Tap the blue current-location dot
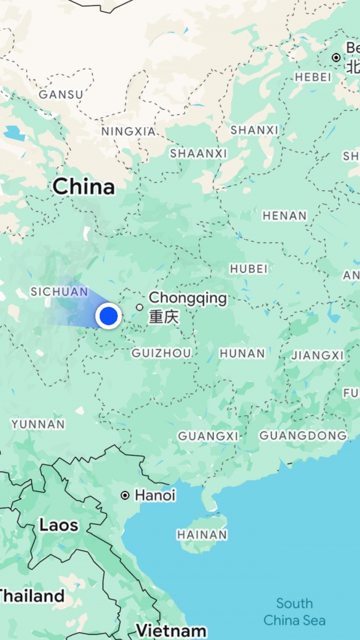(x=108, y=316)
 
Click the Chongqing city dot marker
(x=139, y=307)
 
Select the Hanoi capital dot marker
(x=124, y=495)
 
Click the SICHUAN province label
(x=59, y=292)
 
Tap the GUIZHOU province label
(x=161, y=353)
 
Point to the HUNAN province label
(x=242, y=353)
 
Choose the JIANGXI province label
(x=317, y=355)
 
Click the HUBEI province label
(x=248, y=269)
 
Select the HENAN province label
(x=284, y=216)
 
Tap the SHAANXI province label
(x=198, y=154)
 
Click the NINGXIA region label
(x=128, y=132)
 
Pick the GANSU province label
(x=61, y=94)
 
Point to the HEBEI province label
(x=313, y=77)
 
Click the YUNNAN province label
(x=38, y=424)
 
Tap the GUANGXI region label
(x=208, y=436)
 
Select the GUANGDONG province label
(x=303, y=435)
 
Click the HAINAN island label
(x=202, y=535)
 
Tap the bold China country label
(x=83, y=187)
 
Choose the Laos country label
(x=59, y=525)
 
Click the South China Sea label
(x=294, y=612)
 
